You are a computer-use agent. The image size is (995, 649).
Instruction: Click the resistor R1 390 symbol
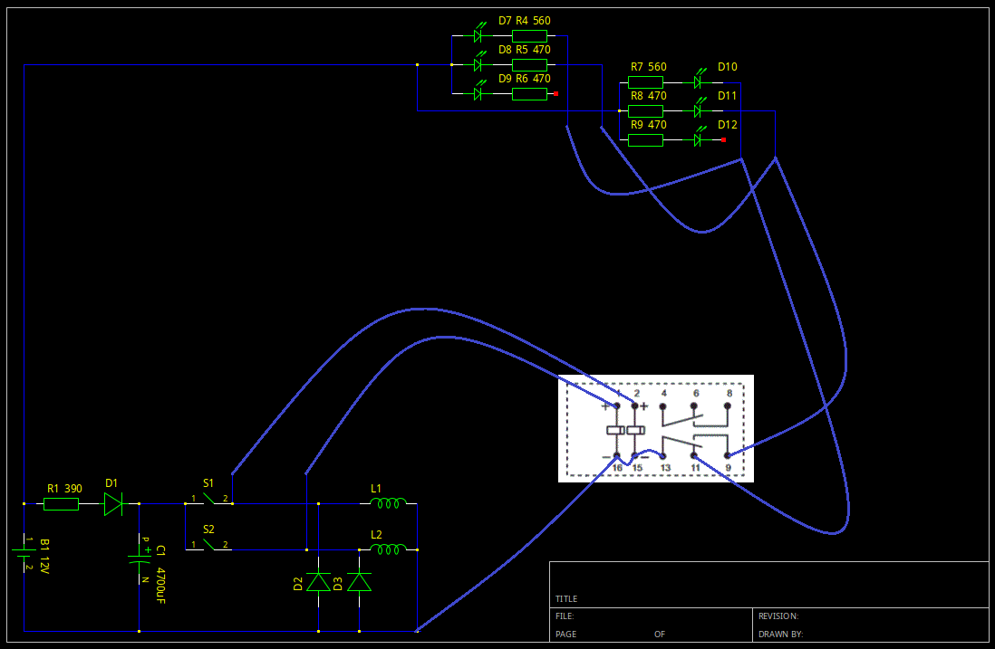click(61, 503)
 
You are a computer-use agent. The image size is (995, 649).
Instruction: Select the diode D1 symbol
click(113, 503)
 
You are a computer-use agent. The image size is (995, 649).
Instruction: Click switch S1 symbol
click(208, 500)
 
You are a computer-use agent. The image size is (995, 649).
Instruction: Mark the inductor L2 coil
click(388, 549)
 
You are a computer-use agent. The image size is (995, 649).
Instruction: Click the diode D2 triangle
click(318, 582)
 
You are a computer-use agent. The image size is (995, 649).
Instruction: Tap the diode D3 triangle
click(360, 582)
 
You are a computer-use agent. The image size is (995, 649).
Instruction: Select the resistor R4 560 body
click(529, 36)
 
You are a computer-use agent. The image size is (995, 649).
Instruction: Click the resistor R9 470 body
click(645, 140)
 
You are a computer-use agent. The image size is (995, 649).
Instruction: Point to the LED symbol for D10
click(699, 81)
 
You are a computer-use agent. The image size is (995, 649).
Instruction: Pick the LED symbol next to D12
click(699, 139)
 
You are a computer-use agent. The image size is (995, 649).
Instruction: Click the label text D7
click(506, 21)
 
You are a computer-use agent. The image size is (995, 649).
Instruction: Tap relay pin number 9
click(728, 468)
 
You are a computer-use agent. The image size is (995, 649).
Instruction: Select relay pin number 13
click(665, 468)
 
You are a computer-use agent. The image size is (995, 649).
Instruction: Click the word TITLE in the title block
click(566, 599)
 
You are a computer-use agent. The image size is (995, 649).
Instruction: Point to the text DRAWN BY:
click(780, 635)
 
